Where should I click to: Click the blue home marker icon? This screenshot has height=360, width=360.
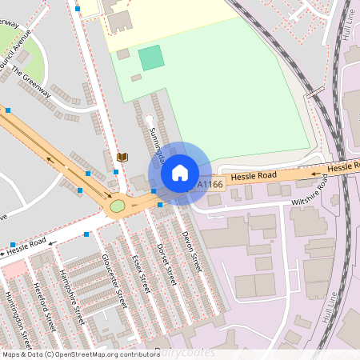click(x=180, y=172)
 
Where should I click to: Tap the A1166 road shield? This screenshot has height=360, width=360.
click(x=211, y=185)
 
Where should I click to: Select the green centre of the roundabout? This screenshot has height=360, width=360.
click(x=118, y=206)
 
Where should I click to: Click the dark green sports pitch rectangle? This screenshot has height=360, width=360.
click(x=151, y=58)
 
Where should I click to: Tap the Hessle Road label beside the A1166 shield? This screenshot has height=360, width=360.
click(x=254, y=175)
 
